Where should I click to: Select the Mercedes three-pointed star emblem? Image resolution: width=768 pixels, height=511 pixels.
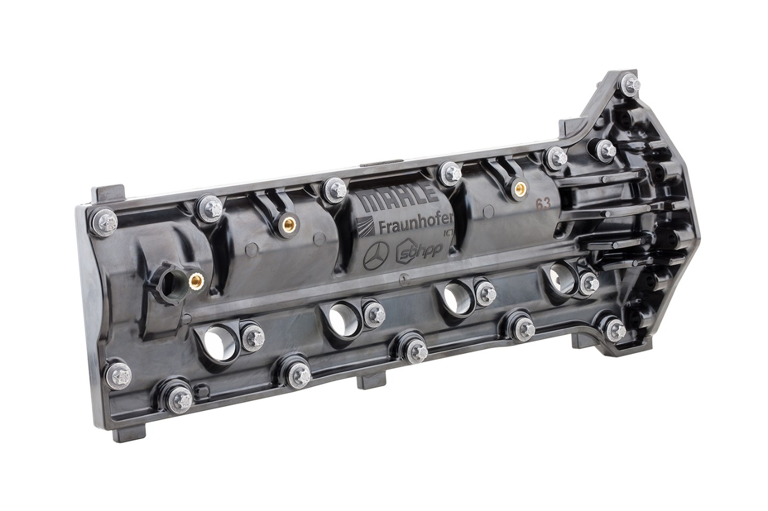coord(378,255)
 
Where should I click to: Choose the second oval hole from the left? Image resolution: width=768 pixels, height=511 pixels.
coord(338,319)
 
